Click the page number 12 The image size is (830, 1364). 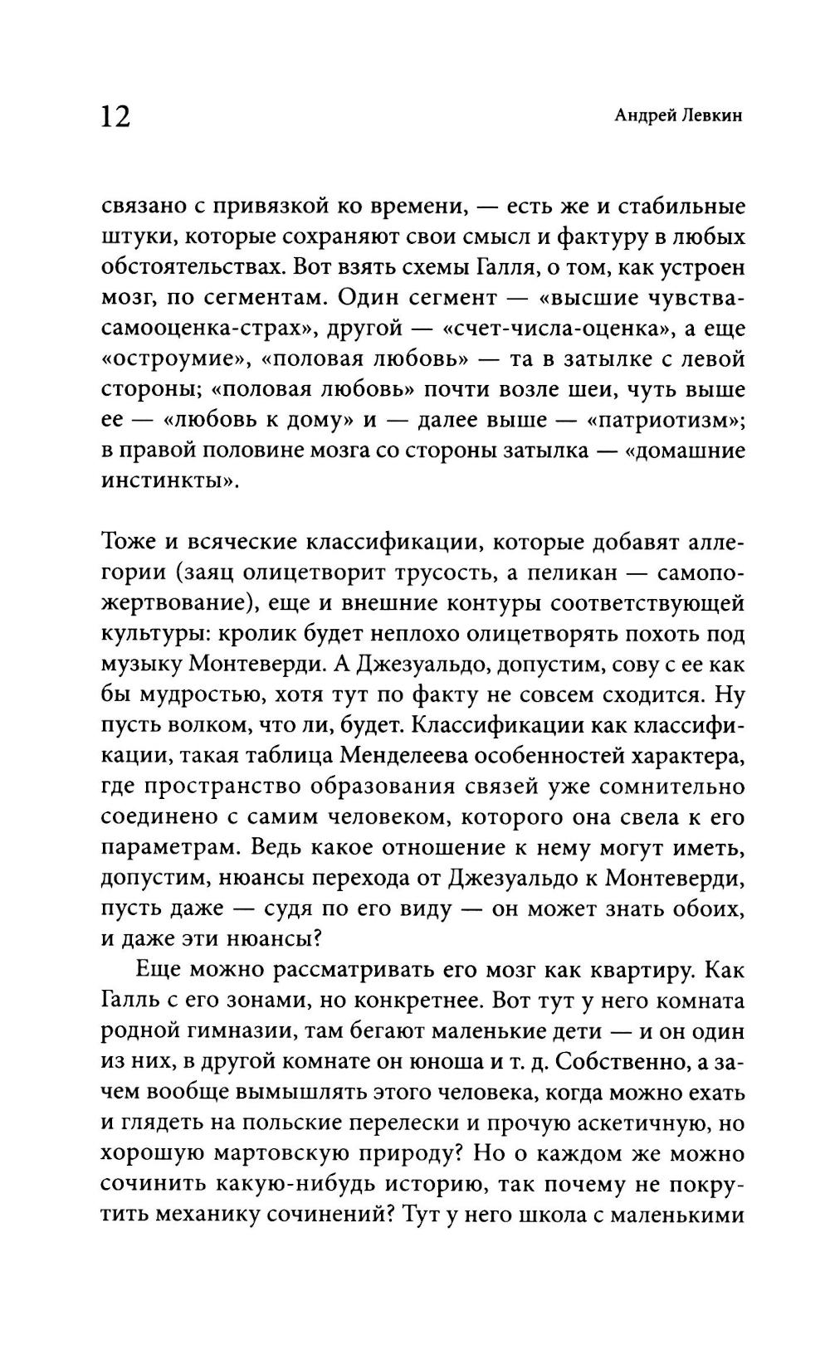[x=115, y=116]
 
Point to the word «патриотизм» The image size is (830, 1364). [x=666, y=420]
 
